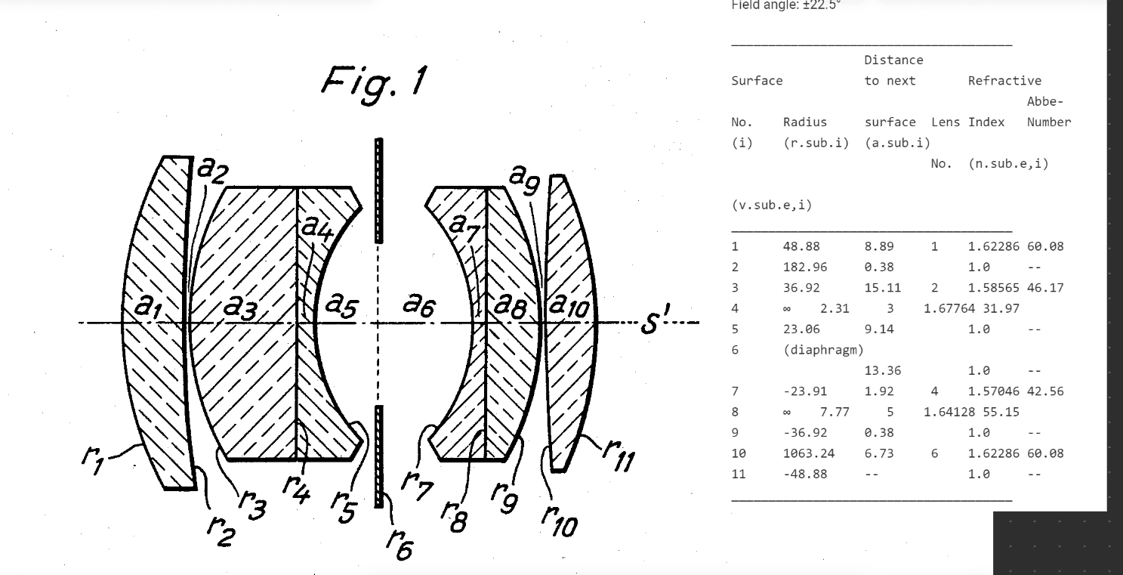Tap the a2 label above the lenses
211,171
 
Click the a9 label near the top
524,177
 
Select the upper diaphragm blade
379,190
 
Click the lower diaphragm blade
379,456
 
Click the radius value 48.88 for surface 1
801,246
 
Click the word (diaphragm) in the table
823,350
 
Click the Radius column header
804,122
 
